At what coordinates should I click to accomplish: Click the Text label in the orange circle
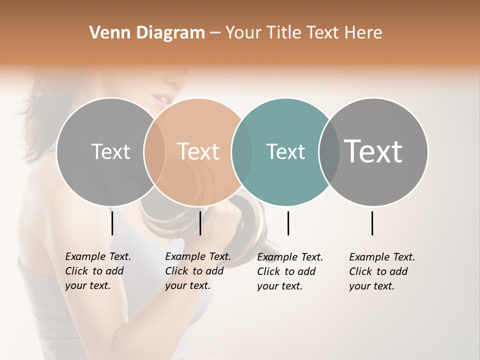(198, 151)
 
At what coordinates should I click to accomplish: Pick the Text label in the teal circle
(285, 151)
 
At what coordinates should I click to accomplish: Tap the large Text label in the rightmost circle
(373, 151)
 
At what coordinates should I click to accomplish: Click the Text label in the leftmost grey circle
(110, 151)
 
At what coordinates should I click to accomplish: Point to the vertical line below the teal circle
(288, 223)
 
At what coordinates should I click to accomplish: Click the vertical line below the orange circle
(200, 223)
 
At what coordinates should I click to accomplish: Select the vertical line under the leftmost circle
(112, 223)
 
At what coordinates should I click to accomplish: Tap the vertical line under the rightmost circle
(372, 223)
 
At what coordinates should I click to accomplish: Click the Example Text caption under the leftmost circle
(97, 271)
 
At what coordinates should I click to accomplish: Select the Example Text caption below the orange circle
(197, 271)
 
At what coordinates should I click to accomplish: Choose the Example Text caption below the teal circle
(289, 271)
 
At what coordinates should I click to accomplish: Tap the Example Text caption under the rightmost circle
(381, 271)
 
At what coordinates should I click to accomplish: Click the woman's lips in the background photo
(161, 96)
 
